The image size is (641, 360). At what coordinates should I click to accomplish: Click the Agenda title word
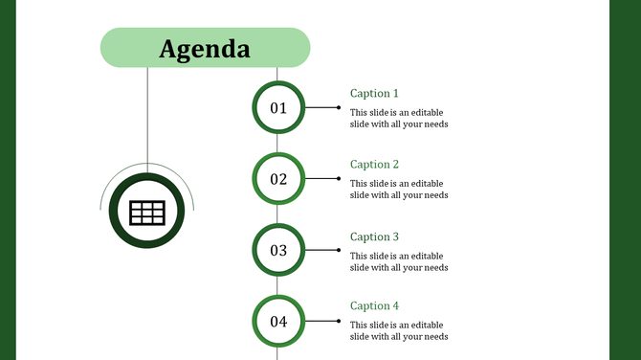click(205, 49)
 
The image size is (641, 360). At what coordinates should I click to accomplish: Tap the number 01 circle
click(278, 108)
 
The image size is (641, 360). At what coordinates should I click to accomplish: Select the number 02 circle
click(278, 179)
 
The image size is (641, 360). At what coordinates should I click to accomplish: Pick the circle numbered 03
click(278, 250)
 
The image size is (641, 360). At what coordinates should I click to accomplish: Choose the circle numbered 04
click(278, 322)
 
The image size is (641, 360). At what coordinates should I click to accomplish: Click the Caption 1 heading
click(374, 94)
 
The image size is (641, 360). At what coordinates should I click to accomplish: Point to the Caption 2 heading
click(374, 165)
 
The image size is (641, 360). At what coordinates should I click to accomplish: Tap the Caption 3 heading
click(374, 236)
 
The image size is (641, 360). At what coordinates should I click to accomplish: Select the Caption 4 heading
click(374, 306)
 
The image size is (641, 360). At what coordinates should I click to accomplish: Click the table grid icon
click(147, 213)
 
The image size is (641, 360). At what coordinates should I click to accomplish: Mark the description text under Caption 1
click(399, 118)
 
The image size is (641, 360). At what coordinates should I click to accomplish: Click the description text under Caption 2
click(399, 189)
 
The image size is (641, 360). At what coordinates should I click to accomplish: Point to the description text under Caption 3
click(399, 261)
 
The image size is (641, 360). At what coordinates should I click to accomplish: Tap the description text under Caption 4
click(399, 330)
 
